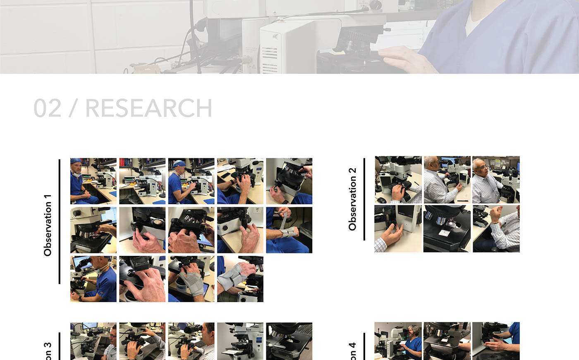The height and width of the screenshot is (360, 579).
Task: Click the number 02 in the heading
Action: click(x=47, y=108)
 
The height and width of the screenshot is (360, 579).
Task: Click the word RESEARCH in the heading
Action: click(x=148, y=108)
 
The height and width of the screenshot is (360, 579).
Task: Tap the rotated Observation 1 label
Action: click(x=48, y=225)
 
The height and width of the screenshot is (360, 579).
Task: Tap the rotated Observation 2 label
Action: click(x=352, y=199)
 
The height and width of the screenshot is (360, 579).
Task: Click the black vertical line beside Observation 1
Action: click(x=60, y=222)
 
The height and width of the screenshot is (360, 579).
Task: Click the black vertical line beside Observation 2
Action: click(x=364, y=199)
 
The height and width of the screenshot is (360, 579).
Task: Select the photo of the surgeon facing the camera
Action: click(x=93, y=181)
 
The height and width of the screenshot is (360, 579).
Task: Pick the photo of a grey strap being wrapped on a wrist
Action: click(x=289, y=230)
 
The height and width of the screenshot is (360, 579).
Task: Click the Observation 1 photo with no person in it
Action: click(x=142, y=181)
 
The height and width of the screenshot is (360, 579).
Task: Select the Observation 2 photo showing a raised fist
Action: click(x=496, y=229)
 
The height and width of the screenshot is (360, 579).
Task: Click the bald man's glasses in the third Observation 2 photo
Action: click(x=481, y=167)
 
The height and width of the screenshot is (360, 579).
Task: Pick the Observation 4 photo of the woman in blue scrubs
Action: click(x=398, y=341)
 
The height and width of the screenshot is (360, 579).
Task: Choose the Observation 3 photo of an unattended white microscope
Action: click(x=240, y=341)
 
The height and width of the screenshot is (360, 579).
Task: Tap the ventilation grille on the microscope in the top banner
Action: click(x=269, y=58)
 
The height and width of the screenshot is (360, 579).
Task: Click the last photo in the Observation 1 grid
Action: click(x=240, y=279)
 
